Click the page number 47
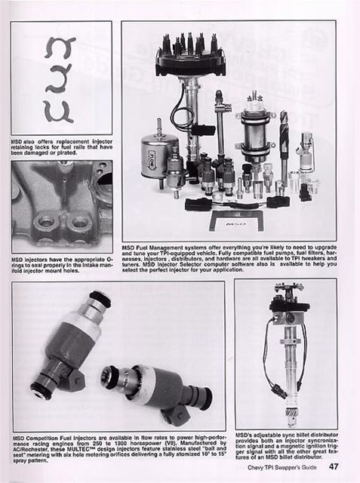point(343,475)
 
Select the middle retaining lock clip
point(59,78)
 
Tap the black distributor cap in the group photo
point(190,57)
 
